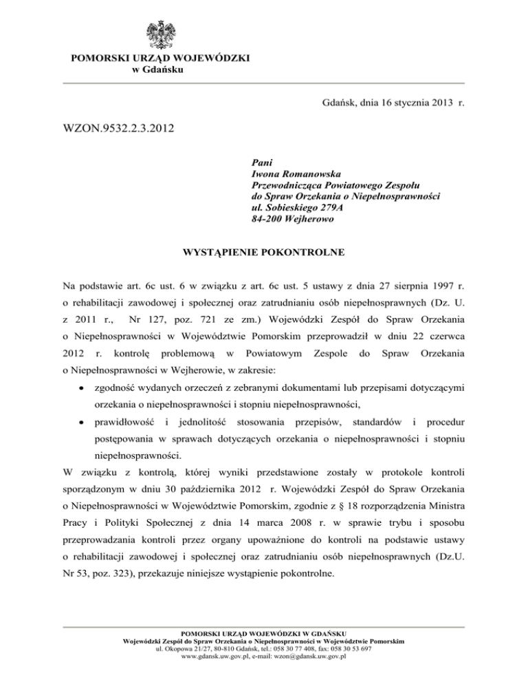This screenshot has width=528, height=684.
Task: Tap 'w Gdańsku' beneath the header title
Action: [157, 70]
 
